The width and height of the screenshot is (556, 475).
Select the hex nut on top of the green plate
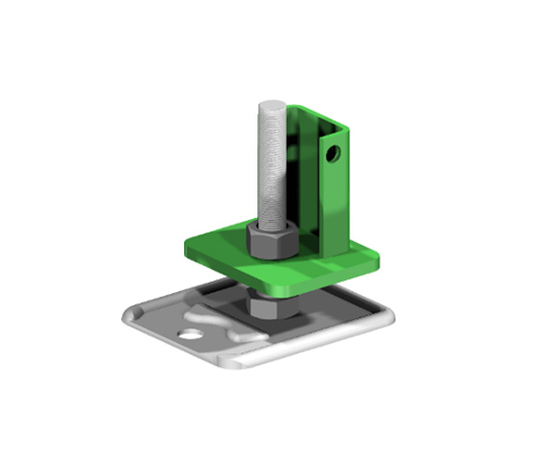coord(270,242)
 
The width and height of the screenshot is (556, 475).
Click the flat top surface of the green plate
coord(222,247)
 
